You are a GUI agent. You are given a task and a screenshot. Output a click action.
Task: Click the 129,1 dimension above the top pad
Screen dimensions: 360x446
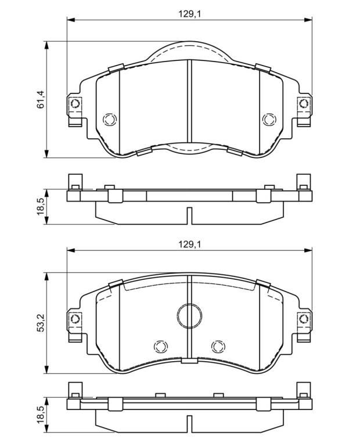tap(190, 14)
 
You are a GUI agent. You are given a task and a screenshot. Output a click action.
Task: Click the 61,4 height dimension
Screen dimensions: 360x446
tap(41, 99)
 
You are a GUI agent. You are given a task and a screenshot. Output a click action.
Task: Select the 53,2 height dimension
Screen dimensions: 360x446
tap(41, 322)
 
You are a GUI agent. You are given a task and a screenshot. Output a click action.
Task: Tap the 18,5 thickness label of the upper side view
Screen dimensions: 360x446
tap(41, 207)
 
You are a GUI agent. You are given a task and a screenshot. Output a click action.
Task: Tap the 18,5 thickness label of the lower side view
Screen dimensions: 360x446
tap(41, 414)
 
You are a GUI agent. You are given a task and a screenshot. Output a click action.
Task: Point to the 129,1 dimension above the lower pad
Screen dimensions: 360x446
tap(190, 244)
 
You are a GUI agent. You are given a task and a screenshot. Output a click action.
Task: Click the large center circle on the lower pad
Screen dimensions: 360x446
tap(189, 315)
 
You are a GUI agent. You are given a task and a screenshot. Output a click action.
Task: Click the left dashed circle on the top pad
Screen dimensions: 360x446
tap(110, 120)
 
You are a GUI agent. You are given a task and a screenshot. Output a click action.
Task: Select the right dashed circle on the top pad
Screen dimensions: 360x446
tap(269, 120)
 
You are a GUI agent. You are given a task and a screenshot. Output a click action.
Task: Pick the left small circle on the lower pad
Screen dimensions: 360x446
tap(161, 346)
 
